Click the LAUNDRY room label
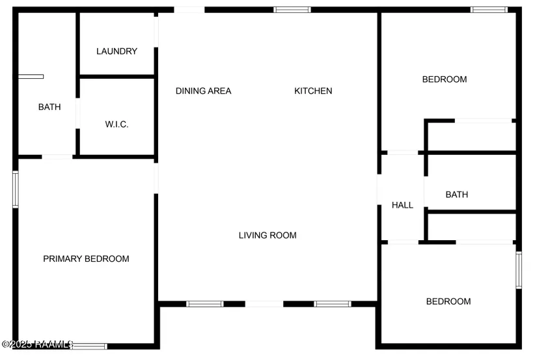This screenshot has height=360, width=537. click(x=117, y=51)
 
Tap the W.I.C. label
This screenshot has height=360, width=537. click(x=117, y=124)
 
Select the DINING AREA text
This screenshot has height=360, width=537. click(x=203, y=91)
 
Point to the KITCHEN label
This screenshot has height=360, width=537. click(x=313, y=91)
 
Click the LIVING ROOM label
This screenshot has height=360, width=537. click(x=268, y=236)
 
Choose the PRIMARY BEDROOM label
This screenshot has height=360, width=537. click(x=86, y=259)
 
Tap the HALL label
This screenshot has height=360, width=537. click(x=402, y=205)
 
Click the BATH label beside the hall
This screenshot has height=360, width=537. click(x=456, y=195)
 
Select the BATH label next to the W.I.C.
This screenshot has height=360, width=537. click(x=49, y=107)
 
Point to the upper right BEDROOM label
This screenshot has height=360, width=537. click(x=445, y=79)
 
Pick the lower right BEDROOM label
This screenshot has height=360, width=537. click(x=448, y=301)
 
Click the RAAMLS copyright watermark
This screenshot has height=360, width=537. click(x=37, y=344)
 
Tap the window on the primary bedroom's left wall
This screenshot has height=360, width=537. click(x=16, y=189)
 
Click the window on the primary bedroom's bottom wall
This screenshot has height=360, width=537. click(x=89, y=346)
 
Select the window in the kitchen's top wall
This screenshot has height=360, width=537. click(x=292, y=10)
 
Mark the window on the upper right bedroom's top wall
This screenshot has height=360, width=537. click(x=489, y=10)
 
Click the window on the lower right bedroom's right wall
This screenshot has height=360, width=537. click(x=519, y=270)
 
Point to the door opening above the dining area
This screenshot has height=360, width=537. click(x=189, y=10)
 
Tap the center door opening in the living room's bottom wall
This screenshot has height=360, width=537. click(x=264, y=303)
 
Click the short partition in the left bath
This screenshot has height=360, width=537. click(x=31, y=77)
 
